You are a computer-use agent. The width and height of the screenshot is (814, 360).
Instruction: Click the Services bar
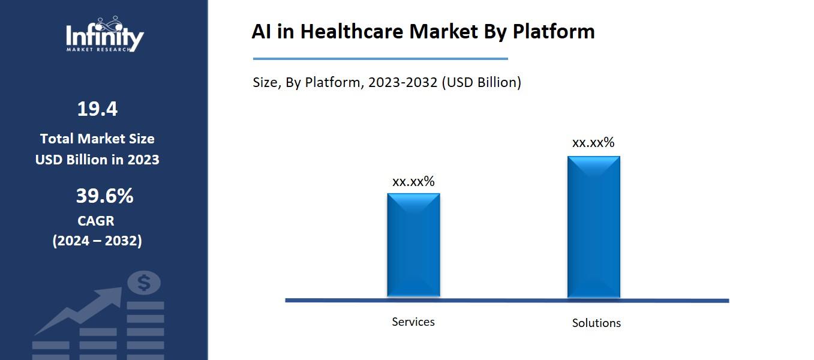click(x=413, y=244)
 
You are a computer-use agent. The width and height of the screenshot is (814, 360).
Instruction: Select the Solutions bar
click(x=593, y=226)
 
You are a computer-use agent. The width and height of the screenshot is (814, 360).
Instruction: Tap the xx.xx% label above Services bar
click(x=413, y=181)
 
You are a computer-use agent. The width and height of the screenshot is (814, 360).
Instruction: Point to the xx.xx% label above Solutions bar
click(x=593, y=142)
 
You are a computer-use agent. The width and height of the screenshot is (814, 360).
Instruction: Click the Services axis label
click(x=413, y=322)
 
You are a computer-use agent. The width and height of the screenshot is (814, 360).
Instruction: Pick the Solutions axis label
click(x=596, y=323)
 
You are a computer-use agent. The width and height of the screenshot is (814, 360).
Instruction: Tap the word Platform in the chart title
click(x=554, y=31)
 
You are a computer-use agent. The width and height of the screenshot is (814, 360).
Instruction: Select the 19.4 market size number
click(x=97, y=109)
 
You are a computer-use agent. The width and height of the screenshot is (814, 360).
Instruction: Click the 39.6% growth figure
click(x=104, y=196)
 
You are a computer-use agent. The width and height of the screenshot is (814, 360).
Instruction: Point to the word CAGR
click(x=96, y=221)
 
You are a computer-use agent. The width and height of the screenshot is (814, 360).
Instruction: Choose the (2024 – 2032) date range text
click(x=97, y=241)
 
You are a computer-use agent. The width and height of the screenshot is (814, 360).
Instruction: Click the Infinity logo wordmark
click(x=104, y=35)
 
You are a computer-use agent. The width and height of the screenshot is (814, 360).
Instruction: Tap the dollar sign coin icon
click(x=144, y=283)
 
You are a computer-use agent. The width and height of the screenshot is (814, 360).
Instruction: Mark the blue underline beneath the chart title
click(x=380, y=59)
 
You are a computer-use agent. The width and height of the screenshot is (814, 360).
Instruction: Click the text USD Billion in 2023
click(x=97, y=160)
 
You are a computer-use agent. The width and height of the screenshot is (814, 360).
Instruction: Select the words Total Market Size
click(x=97, y=139)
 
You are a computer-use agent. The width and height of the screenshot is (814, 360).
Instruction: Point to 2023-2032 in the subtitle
click(x=403, y=82)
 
